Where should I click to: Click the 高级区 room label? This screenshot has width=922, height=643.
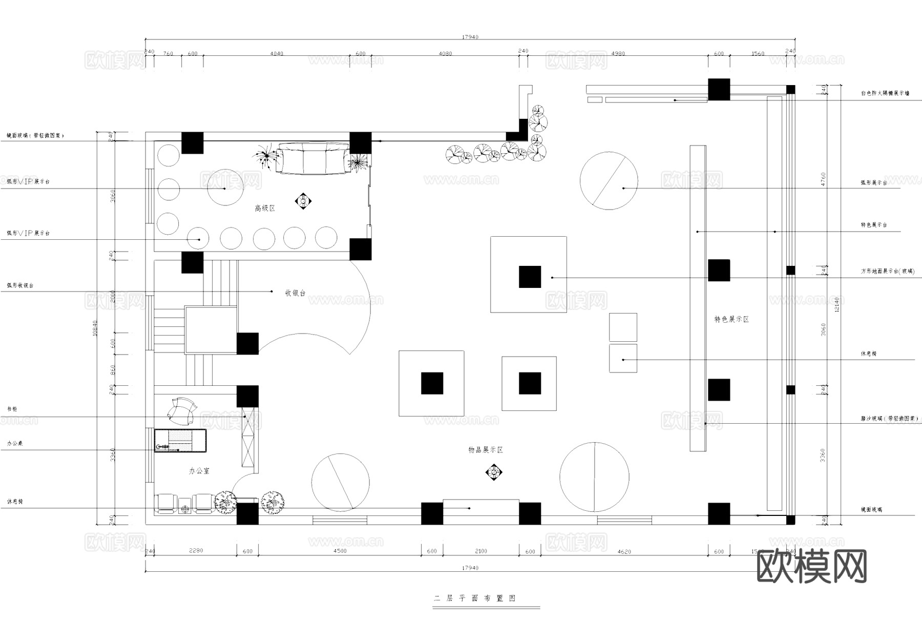[265, 209]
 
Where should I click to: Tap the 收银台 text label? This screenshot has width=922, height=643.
[295, 293]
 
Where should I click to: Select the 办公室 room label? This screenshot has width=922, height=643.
[199, 471]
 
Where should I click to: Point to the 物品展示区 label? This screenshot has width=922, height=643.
[486, 450]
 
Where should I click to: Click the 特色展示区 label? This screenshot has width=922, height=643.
[731, 319]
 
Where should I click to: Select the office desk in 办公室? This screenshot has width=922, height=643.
[180, 441]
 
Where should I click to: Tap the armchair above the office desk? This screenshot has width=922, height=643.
[181, 411]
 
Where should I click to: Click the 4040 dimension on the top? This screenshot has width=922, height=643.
[277, 54]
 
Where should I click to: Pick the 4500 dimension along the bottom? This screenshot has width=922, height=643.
[340, 551]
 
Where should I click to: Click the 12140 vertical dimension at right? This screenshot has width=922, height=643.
[837, 305]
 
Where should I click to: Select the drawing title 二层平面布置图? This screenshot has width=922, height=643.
[475, 598]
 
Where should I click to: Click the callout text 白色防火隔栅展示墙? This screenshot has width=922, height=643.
[885, 94]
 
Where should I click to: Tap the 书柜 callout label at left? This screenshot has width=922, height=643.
[12, 409]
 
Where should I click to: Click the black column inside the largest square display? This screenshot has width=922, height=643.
[530, 277]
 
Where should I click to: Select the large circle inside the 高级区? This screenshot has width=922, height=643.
[225, 188]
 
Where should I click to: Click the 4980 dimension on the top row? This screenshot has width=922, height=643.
[618, 54]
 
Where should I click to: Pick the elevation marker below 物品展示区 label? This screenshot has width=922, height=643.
[494, 472]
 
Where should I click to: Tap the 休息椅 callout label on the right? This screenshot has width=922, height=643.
[869, 354]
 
